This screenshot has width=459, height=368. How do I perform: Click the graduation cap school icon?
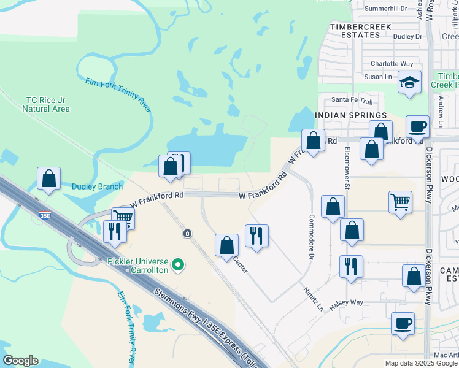click(409, 82)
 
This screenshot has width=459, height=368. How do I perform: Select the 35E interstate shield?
click(44, 215)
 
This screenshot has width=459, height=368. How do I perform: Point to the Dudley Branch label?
click(89, 186)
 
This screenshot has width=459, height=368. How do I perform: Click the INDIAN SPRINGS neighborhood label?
click(350, 115)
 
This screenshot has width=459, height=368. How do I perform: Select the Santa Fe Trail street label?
click(352, 100)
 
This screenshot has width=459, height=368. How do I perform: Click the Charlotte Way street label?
click(391, 63)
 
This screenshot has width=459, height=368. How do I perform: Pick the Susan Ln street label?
click(378, 77)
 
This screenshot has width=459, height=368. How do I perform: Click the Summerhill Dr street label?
click(386, 9)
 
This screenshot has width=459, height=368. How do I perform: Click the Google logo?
click(20, 361)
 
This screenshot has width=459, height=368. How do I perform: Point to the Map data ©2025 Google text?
click(420, 363)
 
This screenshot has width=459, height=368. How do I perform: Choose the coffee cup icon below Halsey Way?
click(403, 323)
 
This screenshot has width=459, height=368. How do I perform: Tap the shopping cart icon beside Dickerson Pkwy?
click(400, 201)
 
